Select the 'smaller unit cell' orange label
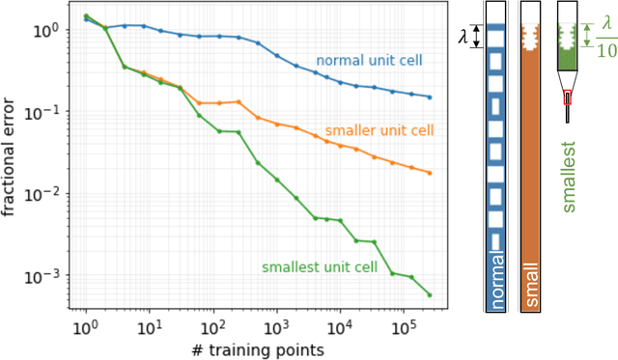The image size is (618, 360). [379, 130]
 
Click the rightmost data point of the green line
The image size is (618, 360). [430, 295]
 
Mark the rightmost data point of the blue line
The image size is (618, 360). [430, 97]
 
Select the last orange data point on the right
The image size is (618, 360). [430, 173]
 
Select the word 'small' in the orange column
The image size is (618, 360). [529, 286]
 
